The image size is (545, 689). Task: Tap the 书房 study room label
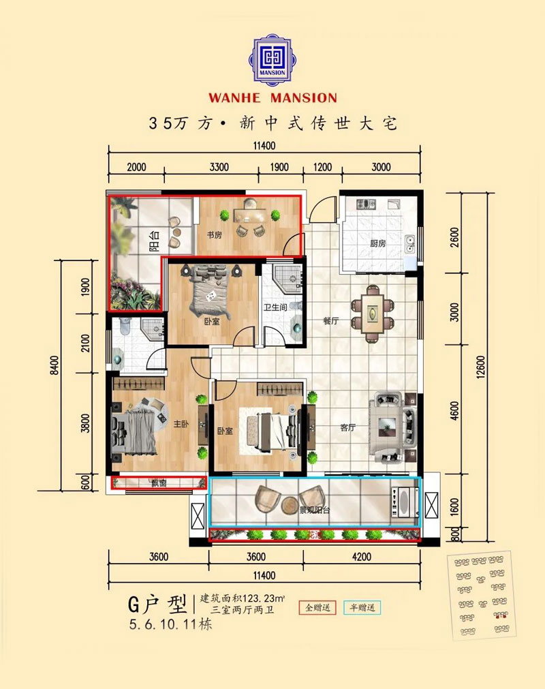[x=214, y=235]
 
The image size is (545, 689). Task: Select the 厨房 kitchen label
[x=378, y=243]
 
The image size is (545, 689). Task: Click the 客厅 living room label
[x=348, y=428]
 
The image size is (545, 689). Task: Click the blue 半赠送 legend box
[x=362, y=607]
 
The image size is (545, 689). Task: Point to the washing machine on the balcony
[x=403, y=503]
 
